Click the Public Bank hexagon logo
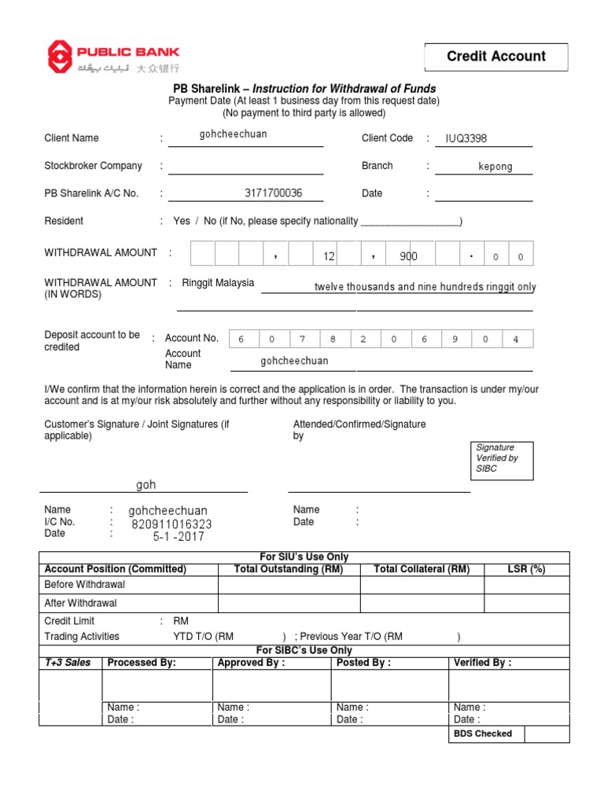(59, 57)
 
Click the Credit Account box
(495, 57)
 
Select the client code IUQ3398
(466, 138)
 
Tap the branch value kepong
(495, 167)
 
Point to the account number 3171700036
(273, 193)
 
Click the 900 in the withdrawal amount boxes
(408, 256)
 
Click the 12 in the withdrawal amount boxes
(329, 256)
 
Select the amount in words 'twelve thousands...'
(425, 287)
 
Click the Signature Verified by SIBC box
(502, 458)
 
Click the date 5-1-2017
(179, 537)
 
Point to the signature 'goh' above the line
(146, 485)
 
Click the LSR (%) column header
(526, 569)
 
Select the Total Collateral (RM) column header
(422, 569)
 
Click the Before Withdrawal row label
(85, 585)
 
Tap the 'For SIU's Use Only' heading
(304, 557)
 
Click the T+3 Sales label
(68, 663)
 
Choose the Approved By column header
(251, 663)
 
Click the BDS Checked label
(482, 733)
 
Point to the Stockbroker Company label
(94, 166)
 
